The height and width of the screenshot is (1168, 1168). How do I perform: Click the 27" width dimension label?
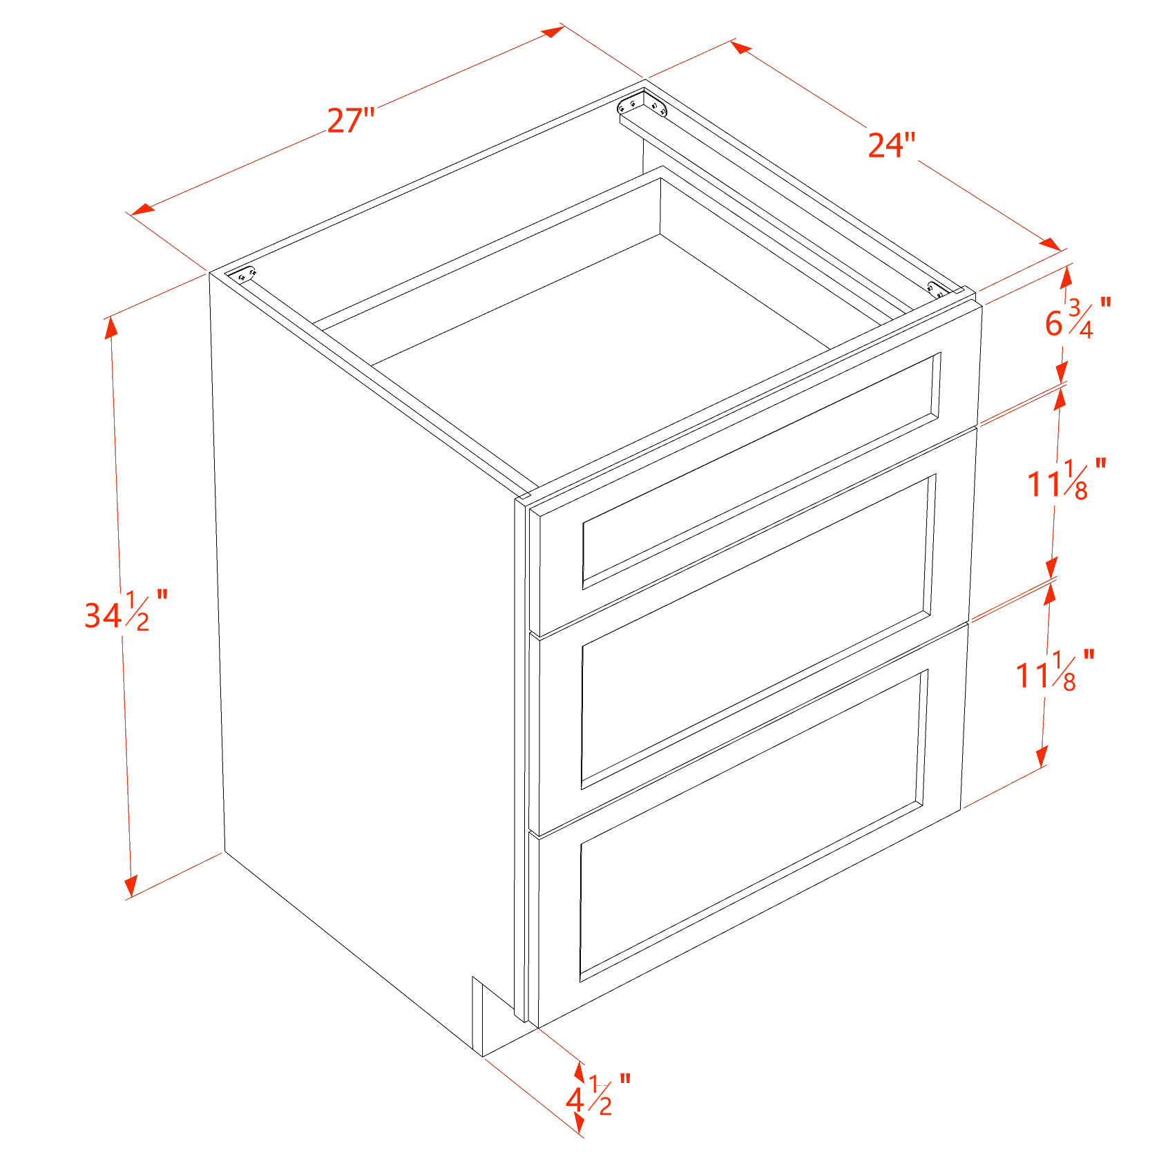(351, 121)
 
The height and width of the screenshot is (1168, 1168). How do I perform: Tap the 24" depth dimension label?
(891, 146)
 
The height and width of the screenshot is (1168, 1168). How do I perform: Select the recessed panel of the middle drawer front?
(756, 632)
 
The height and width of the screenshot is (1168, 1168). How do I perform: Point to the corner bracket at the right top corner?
(936, 290)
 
